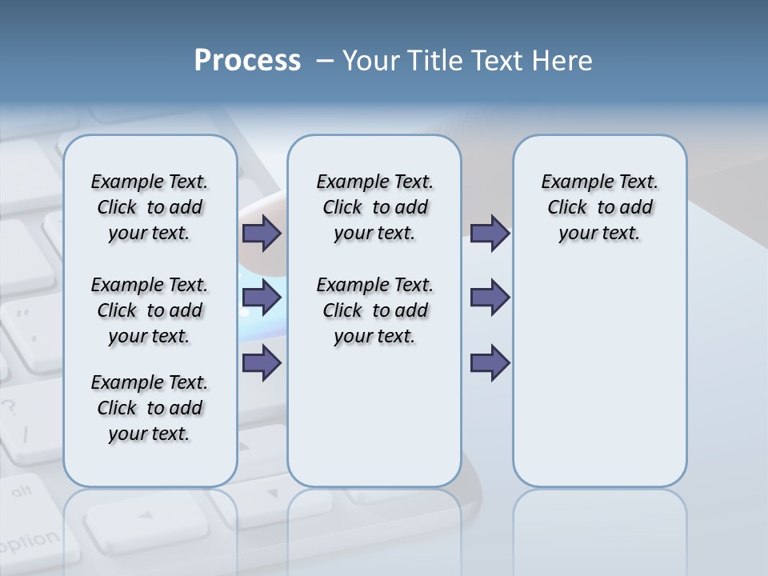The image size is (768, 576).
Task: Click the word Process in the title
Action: point(247,61)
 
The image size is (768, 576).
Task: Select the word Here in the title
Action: point(563,61)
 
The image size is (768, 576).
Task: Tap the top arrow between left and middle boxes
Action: point(262,234)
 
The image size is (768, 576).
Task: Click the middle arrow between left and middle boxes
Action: point(262,298)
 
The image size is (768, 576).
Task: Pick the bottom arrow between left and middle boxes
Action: point(262,363)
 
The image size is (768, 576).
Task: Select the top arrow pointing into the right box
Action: point(490,234)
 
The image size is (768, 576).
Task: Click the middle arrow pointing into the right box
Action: point(490,298)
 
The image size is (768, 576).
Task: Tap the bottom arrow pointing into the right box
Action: point(490,363)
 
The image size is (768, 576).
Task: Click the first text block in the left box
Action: point(150,207)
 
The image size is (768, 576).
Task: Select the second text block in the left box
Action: point(150,310)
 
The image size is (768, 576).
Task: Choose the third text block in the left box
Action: point(150,408)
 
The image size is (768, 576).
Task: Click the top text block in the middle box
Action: point(374,207)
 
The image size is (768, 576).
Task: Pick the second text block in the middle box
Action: point(374,310)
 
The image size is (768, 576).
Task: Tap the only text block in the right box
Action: point(600,207)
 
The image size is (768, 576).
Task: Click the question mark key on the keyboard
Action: point(10,407)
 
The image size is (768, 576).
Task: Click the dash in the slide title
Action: point(326,61)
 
